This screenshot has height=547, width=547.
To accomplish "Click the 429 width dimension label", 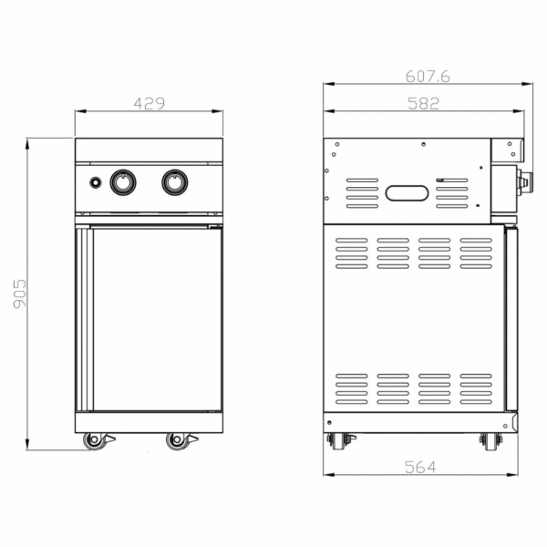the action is (x=149, y=103).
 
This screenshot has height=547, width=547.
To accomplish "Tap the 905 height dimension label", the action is (x=20, y=294).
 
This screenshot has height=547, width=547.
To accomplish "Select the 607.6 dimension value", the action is (x=428, y=77).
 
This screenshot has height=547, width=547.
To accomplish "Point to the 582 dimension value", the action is (x=424, y=104).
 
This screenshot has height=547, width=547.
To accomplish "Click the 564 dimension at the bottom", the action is (x=420, y=467).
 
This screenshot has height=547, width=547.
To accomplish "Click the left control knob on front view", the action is (x=123, y=182).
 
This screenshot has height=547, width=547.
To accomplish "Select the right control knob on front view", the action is (x=175, y=182).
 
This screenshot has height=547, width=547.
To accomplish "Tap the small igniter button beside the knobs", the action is (x=96, y=182).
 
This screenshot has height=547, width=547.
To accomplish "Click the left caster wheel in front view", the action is (x=94, y=441).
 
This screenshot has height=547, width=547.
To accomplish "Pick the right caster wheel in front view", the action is (x=177, y=441).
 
